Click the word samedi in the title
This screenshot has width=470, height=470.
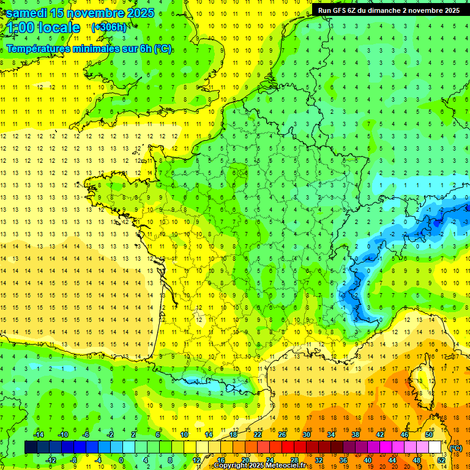[x=27, y=13]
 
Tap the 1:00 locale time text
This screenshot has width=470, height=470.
[x=43, y=28]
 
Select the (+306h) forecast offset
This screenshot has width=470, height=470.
[x=109, y=28]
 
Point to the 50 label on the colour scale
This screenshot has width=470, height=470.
[x=428, y=435]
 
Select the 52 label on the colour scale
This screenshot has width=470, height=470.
[x=441, y=460]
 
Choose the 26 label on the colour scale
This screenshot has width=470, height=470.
[x=282, y=435]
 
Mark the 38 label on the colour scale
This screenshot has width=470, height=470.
[x=355, y=435]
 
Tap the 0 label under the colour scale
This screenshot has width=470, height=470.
[x=121, y=460]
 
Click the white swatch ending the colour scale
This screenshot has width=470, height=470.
[x=435, y=447]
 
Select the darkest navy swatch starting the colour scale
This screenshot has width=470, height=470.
[x=31, y=447]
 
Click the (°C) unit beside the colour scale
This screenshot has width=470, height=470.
[x=455, y=448]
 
